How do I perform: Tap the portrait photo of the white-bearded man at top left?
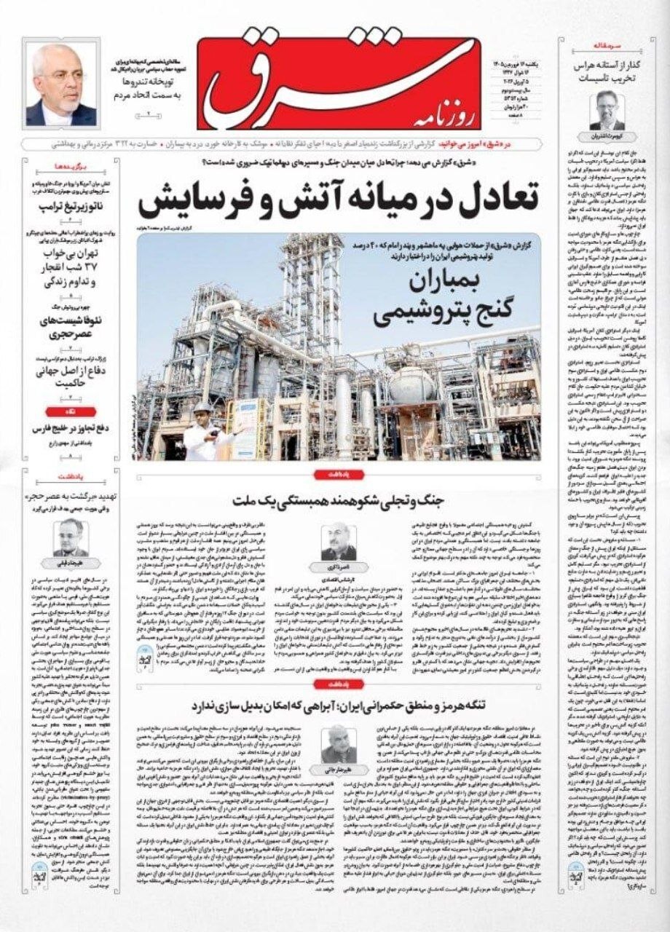(x=61, y=84)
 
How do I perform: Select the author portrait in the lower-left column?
(x=71, y=537)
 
